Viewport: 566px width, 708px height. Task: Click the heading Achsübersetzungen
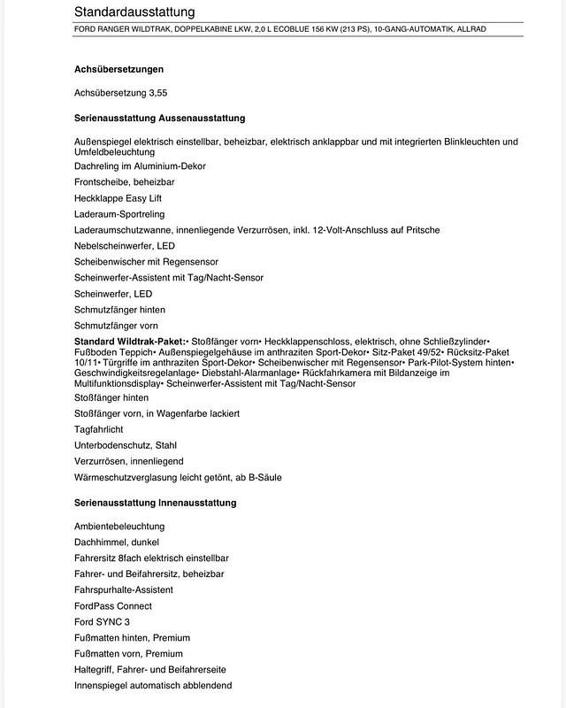click(119, 69)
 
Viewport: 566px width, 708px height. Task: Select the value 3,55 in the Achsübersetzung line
click(157, 92)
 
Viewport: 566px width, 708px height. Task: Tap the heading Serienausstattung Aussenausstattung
click(160, 118)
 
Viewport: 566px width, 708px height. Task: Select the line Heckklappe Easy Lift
click(119, 198)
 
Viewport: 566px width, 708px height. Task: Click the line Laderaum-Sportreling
click(119, 214)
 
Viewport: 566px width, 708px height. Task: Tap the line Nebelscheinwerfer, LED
click(125, 246)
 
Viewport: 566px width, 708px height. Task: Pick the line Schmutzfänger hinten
click(119, 310)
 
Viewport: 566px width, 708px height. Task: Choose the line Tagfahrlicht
click(100, 429)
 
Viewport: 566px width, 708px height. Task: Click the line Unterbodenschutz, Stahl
click(126, 445)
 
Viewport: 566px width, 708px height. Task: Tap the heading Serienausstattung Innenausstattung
click(156, 503)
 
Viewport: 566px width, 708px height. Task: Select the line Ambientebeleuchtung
click(119, 527)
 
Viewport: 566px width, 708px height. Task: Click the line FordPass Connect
click(113, 606)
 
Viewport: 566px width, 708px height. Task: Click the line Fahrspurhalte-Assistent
click(124, 590)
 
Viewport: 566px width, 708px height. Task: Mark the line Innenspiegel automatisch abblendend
click(153, 686)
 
